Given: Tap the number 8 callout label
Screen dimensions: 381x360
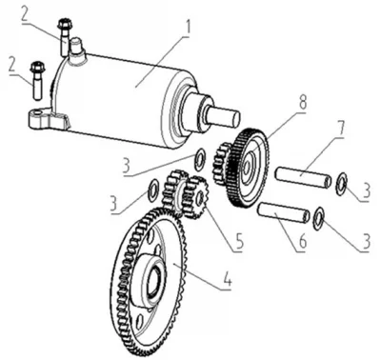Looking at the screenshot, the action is coord(302,102).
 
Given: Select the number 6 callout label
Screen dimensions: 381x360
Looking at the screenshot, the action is coord(303,242).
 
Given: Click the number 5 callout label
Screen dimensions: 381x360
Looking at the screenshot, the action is coord(238,241).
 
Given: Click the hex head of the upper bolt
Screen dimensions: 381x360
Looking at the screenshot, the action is coord(65,24).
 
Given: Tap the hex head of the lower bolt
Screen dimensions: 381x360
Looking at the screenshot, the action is coord(38,67).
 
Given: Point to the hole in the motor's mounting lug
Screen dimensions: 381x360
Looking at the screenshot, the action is coord(38,113).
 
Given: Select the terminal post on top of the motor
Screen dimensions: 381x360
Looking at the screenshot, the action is coord(77,47).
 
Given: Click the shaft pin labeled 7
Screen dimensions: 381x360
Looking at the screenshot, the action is coord(303,177).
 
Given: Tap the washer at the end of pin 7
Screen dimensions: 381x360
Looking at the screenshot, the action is coord(341,184).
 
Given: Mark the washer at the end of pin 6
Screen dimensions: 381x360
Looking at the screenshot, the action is coord(318,218).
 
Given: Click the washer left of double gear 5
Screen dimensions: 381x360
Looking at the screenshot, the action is coord(152,190).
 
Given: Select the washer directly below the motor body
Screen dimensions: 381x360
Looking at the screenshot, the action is coord(200,158).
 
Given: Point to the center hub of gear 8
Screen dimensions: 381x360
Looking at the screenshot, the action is coord(249,163).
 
